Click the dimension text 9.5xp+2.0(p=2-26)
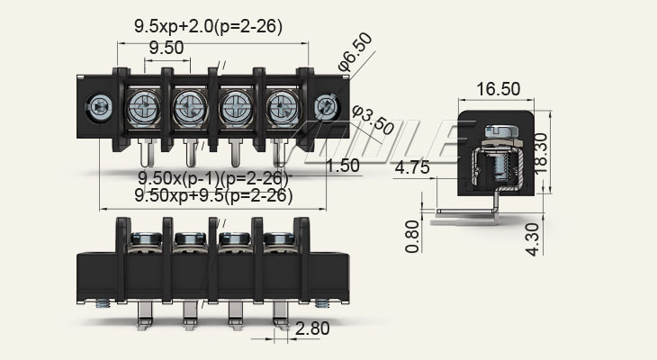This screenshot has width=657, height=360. click(x=209, y=27)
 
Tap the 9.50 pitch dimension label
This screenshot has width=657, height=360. click(x=166, y=48)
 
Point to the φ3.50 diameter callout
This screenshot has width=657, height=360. click(x=372, y=120)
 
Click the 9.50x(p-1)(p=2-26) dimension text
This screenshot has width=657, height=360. click(x=214, y=177)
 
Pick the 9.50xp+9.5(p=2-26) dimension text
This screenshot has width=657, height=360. click(x=214, y=195)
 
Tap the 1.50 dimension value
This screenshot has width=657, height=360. click(x=343, y=165)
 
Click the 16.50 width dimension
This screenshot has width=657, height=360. click(x=498, y=89)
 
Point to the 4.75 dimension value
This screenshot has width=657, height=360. click(x=411, y=166)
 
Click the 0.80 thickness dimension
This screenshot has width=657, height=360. click(x=412, y=236)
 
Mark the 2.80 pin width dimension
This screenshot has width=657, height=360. click(x=311, y=329)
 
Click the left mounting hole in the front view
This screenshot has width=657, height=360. click(x=98, y=108)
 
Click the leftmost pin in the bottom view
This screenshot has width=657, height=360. click(x=144, y=310)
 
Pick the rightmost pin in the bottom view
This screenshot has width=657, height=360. click(x=278, y=310)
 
